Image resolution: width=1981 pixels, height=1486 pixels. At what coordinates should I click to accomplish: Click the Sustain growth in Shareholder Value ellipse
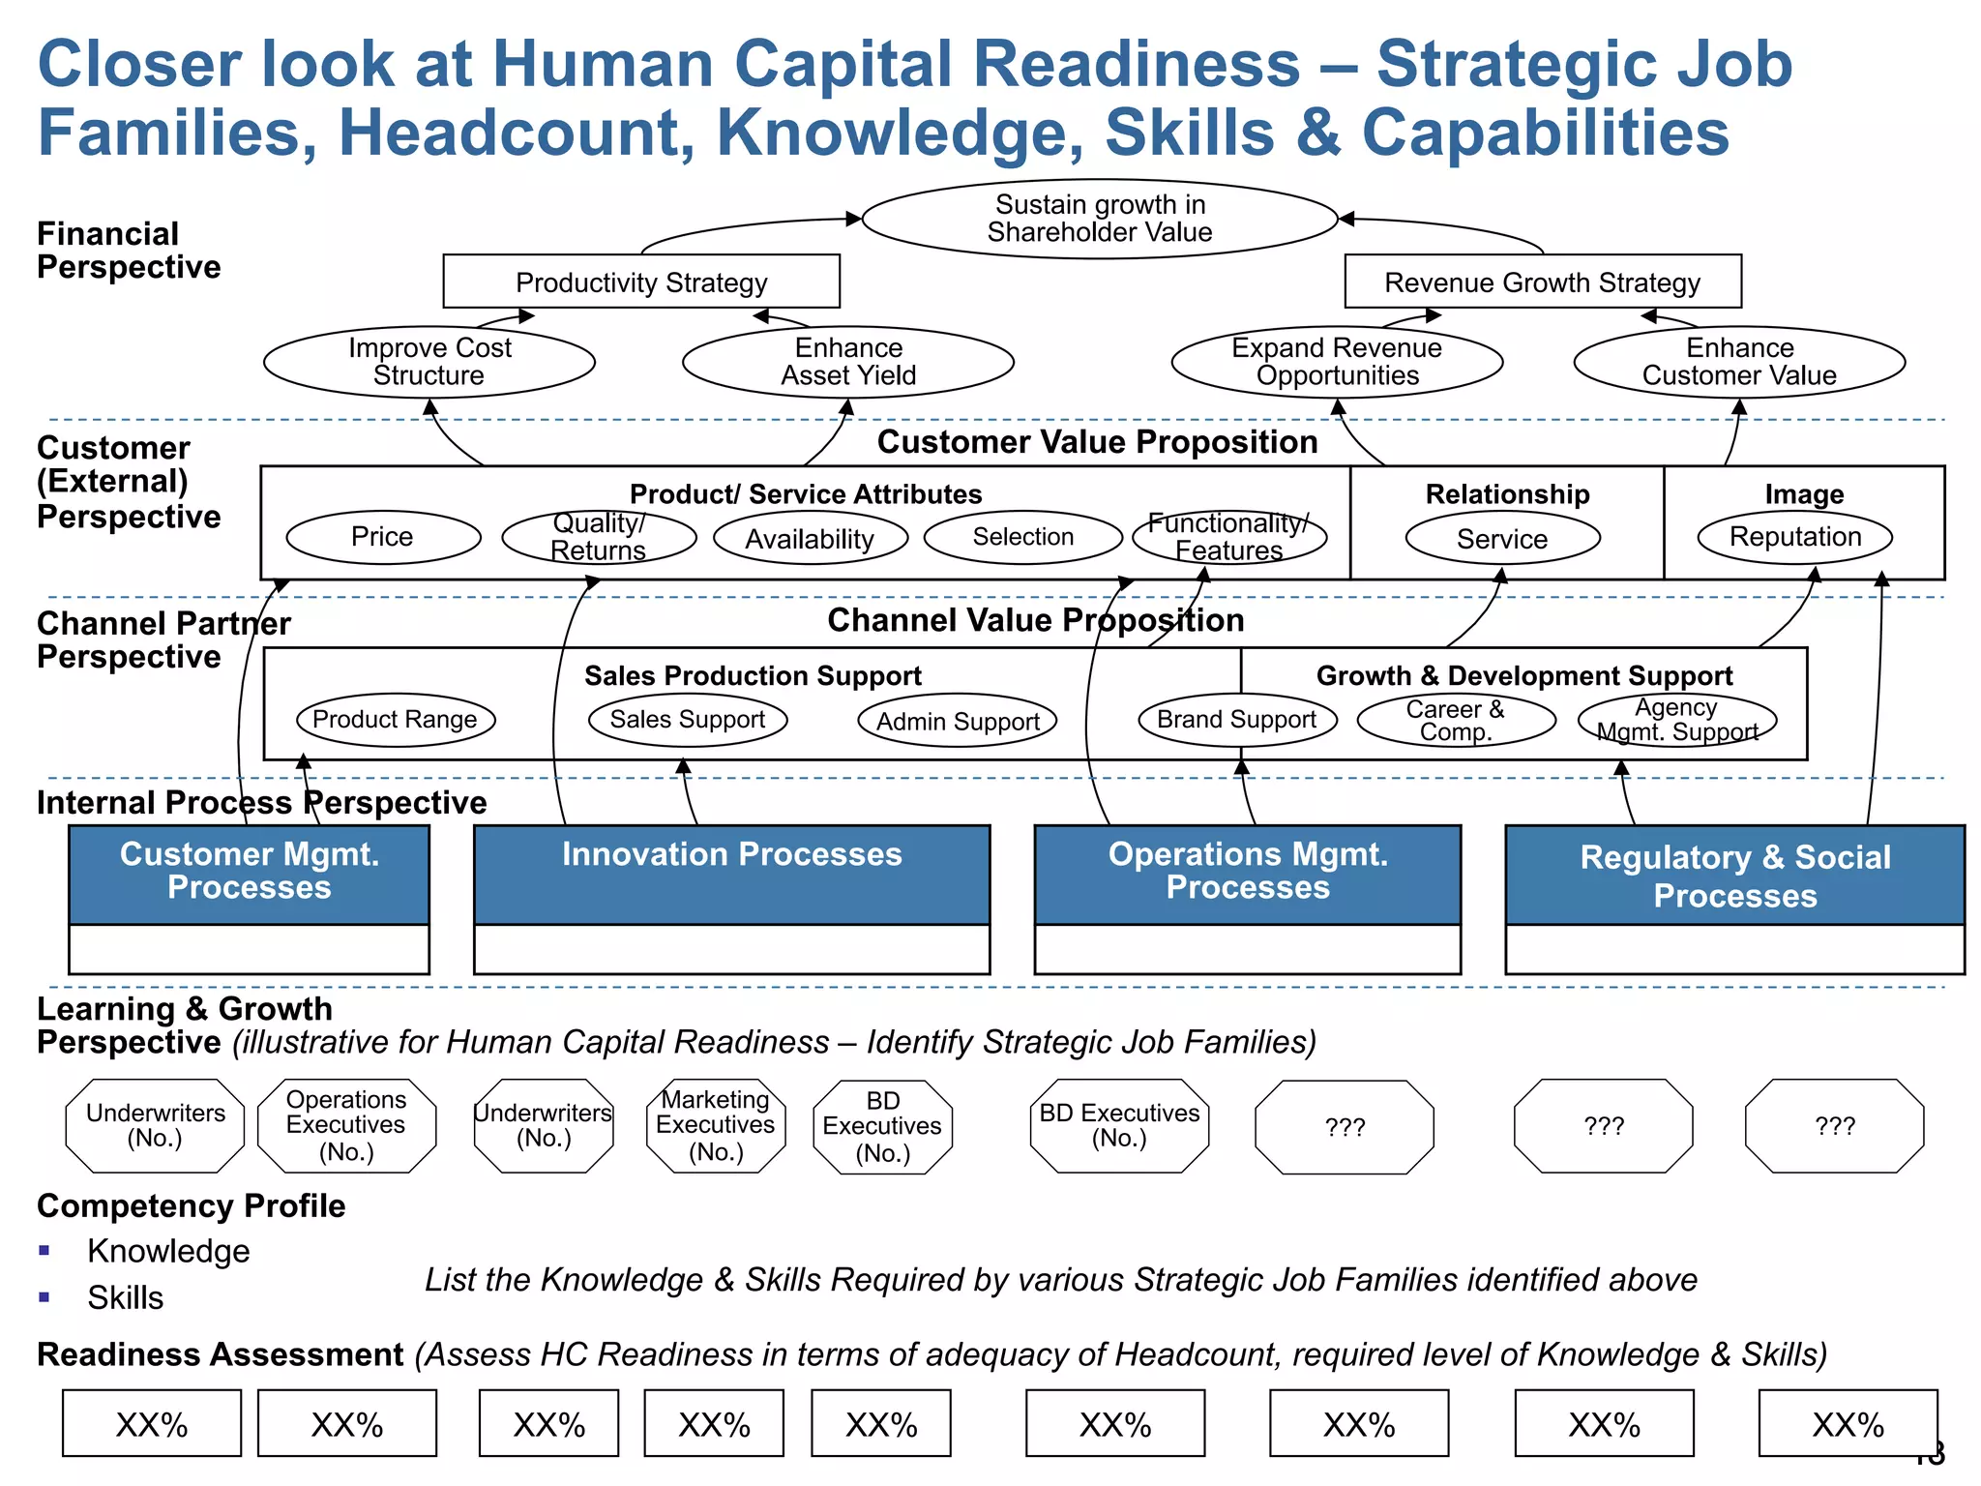[1099, 219]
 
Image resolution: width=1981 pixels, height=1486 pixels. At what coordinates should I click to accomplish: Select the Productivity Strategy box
[641, 282]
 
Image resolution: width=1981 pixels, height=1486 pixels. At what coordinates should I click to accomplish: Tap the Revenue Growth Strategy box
[1543, 282]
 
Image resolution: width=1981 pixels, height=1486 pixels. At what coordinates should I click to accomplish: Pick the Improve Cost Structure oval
[429, 362]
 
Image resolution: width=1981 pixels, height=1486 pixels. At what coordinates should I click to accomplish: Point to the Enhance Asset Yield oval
[848, 362]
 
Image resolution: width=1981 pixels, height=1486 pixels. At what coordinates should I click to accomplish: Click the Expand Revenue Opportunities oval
[1337, 362]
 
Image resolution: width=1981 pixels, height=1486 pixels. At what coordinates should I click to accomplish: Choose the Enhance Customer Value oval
[1739, 362]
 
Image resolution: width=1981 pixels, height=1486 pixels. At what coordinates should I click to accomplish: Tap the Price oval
[383, 537]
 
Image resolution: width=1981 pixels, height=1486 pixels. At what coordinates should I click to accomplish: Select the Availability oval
[811, 538]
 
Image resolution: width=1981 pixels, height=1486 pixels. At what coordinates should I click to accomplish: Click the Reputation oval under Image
[1795, 537]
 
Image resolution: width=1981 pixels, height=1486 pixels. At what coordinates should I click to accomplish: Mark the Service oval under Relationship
[1502, 538]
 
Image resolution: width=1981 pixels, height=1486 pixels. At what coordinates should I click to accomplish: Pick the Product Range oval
[395, 720]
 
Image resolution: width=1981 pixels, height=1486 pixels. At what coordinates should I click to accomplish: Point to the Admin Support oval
[958, 721]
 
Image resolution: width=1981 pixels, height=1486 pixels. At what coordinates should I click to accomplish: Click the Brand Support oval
[1237, 720]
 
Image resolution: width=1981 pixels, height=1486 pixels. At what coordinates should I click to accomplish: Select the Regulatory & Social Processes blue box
[1735, 876]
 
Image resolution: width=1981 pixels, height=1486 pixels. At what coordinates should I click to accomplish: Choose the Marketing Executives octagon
[716, 1126]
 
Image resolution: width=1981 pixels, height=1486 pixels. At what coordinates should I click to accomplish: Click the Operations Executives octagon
[346, 1126]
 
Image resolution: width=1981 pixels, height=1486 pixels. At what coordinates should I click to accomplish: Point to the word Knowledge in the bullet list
[168, 1251]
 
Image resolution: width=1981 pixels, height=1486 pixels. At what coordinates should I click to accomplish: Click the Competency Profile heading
[192, 1206]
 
